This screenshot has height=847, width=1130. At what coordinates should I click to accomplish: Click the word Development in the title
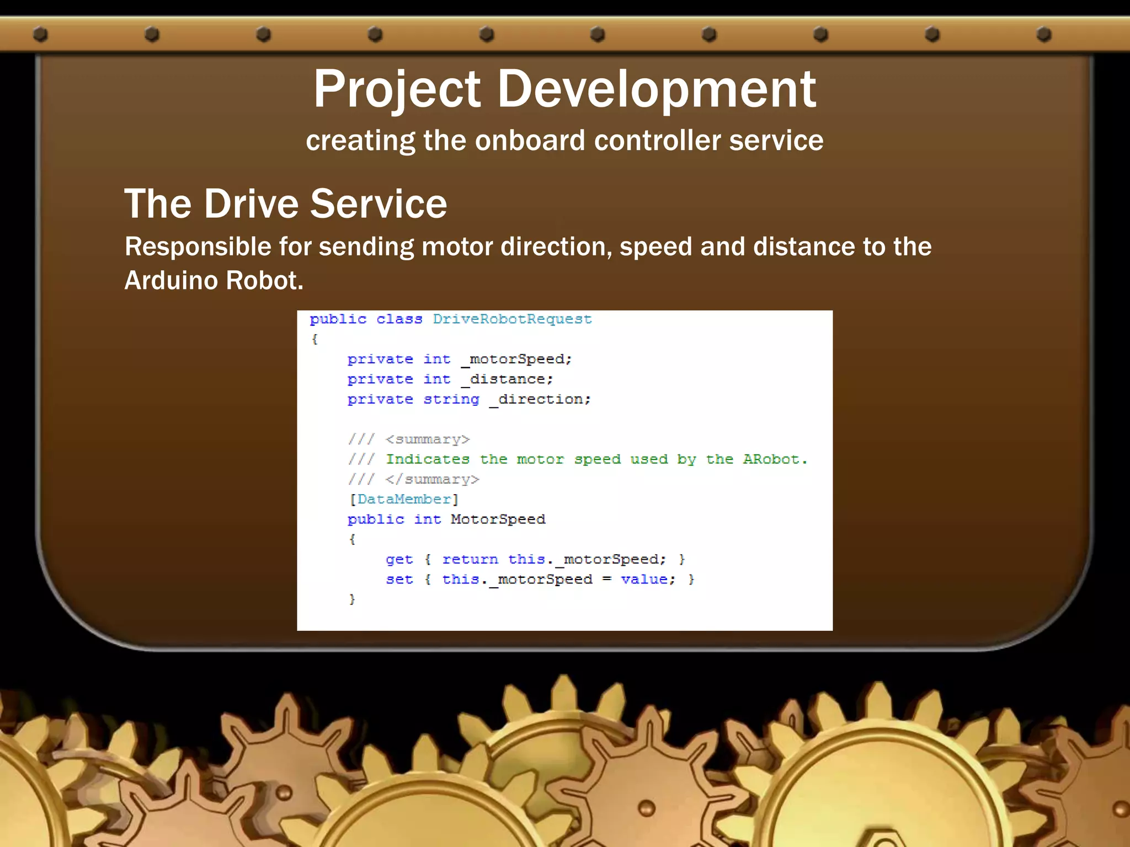coord(657,90)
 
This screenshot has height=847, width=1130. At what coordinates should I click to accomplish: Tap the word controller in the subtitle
coord(657,141)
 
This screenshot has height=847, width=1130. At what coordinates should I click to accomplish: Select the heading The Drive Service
coord(285,203)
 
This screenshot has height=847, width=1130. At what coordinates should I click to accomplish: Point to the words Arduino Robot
coord(214,281)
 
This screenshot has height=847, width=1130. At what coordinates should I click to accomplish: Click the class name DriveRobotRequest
coord(512,319)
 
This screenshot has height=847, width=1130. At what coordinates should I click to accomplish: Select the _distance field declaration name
coord(507,379)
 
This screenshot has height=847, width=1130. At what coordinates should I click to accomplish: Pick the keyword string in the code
coord(451,399)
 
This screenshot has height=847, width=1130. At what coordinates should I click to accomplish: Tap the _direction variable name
coord(540,399)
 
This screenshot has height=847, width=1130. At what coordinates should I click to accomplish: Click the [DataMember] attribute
coord(404,500)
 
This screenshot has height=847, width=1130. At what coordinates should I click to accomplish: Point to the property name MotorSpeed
coord(498,519)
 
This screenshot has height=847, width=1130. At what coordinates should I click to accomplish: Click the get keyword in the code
coord(399,560)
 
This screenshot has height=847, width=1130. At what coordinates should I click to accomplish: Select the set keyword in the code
coord(399,580)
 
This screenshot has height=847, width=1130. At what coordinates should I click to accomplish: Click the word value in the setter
coord(644,580)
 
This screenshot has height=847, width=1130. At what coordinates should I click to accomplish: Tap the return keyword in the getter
coord(470,560)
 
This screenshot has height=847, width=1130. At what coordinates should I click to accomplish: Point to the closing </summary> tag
coord(432,480)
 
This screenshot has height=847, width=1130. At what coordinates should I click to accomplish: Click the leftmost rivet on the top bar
coord(40,34)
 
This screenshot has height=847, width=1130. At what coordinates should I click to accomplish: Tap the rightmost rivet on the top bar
coord(1043,34)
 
